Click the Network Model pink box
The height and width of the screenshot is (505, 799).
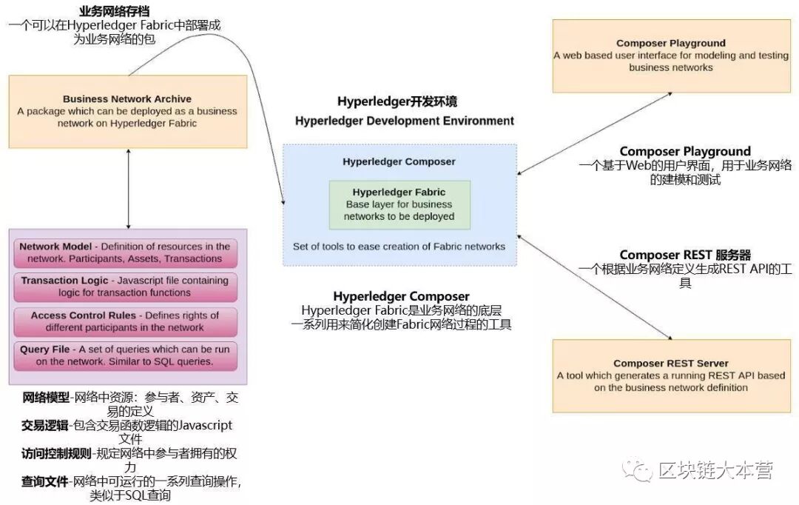125,252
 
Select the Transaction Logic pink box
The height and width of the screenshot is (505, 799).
125,287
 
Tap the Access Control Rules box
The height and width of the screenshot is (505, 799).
125,322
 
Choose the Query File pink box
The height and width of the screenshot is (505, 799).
125,355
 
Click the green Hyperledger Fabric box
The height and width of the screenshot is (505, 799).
399,204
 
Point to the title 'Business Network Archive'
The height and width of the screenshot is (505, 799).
127,99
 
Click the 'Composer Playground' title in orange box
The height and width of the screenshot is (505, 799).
670,44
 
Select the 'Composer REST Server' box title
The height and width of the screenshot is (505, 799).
670,363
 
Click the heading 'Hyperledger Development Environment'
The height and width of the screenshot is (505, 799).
405,121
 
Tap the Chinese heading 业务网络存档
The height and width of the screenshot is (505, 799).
114,10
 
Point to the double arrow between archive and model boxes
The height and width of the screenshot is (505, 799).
129,189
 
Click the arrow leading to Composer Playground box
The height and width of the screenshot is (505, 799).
595,133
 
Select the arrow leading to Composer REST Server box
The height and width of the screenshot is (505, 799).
595,287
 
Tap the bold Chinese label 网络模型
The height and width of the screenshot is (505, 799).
45,398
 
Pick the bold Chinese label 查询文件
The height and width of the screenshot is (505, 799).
45,481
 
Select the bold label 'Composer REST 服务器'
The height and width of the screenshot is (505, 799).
685,255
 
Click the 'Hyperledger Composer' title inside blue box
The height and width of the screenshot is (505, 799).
399,161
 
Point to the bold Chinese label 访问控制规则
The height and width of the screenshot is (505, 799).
56,453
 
